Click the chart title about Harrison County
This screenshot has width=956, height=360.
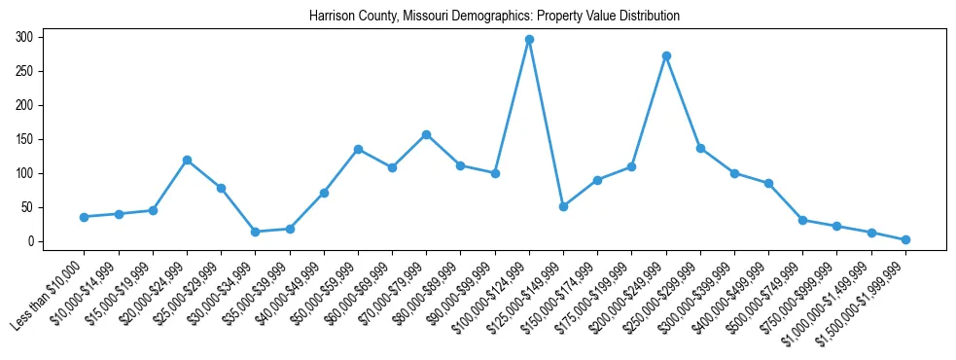[494, 17]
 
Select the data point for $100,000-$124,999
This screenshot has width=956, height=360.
[529, 40]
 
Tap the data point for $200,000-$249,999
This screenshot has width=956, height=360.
[666, 55]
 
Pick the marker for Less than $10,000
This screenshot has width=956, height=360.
[85, 217]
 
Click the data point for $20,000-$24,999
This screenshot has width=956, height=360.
[187, 160]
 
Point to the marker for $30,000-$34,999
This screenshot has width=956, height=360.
[256, 232]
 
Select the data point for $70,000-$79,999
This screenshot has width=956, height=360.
[427, 134]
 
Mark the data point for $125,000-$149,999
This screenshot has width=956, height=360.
[563, 206]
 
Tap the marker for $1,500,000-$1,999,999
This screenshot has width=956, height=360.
[905, 239]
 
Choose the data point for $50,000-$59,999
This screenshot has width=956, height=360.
[358, 149]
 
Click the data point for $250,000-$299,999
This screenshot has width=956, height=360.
[700, 148]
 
